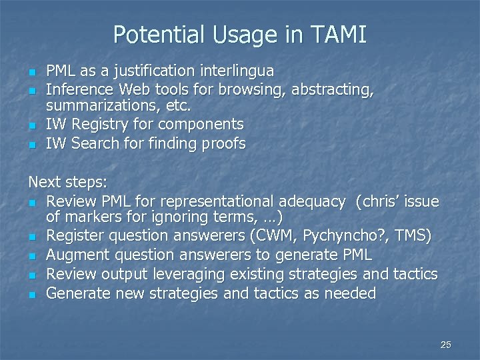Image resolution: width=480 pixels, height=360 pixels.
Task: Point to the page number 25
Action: pyautogui.click(x=446, y=345)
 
